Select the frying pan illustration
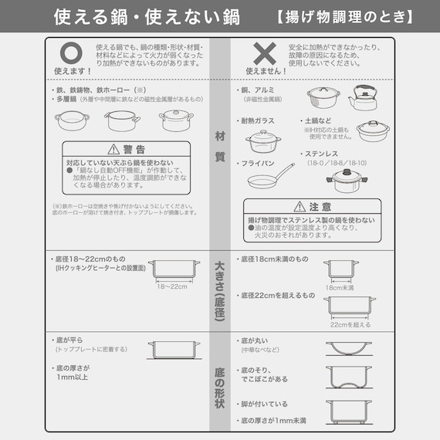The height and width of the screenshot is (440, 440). pyautogui.click(x=271, y=177)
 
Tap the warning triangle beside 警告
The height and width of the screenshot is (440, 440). pyautogui.click(x=113, y=149)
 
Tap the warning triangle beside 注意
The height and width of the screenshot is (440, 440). pyautogui.click(x=302, y=207)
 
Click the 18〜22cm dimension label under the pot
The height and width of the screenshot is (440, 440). pyautogui.click(x=173, y=286)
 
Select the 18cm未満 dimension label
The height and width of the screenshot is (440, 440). pyautogui.click(x=340, y=288)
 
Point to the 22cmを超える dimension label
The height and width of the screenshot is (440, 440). pyautogui.click(x=350, y=324)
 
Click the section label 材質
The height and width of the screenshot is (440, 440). pyautogui.click(x=220, y=147)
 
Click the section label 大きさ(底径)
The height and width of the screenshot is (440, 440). pyautogui.click(x=220, y=293)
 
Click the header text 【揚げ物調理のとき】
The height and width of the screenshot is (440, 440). pyautogui.click(x=344, y=16)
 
